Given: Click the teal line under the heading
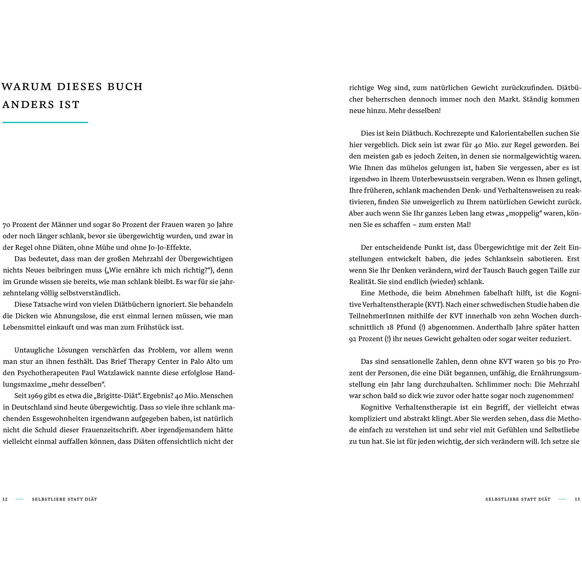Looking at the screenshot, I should [x=45, y=122].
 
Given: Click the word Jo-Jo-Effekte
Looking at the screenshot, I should [x=169, y=247].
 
